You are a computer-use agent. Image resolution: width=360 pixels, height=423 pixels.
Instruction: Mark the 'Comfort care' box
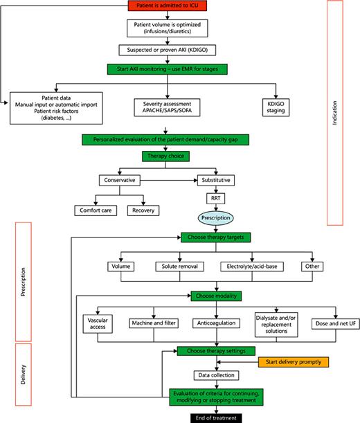tap(96, 210)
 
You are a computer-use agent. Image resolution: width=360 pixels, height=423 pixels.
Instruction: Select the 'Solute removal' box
tap(174, 266)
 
